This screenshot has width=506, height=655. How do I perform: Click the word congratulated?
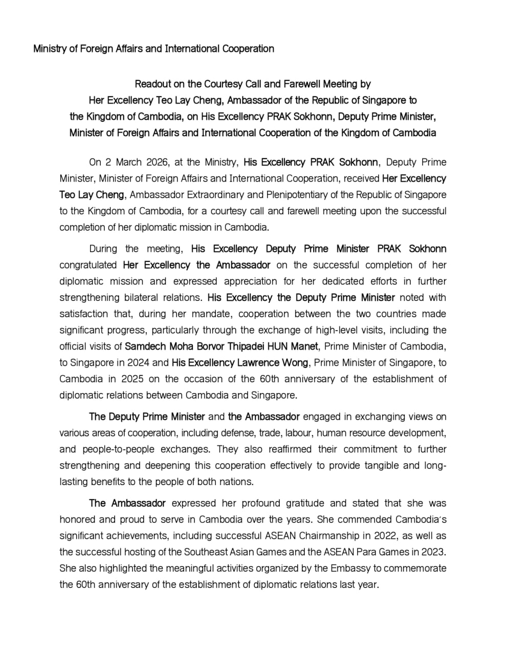(88, 265)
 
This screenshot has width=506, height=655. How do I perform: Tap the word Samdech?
(144, 346)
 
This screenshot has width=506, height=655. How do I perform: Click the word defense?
(237, 433)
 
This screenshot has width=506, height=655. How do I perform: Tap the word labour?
(298, 433)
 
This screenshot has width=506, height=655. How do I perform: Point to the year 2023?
(434, 552)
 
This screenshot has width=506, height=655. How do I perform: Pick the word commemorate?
(415, 569)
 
